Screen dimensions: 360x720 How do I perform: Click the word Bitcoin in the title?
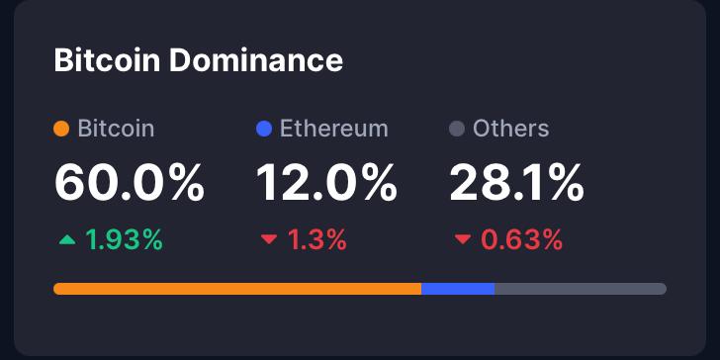coord(107,60)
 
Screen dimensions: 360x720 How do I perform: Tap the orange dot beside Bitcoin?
coord(61,129)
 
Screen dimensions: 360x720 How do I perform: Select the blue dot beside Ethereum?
coord(263,129)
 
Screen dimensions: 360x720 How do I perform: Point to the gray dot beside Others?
coord(457,129)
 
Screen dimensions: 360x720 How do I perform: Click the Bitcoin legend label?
coord(116,129)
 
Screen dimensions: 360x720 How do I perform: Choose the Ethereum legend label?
coord(333,129)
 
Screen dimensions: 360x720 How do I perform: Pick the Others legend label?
coord(510,129)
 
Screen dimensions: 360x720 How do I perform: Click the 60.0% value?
coord(129,183)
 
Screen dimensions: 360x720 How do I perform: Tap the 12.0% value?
coord(326,183)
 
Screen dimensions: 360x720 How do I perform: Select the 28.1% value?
coord(516,183)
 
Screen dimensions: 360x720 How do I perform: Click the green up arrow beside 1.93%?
coord(66,239)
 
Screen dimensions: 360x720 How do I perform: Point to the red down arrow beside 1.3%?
coord(268,239)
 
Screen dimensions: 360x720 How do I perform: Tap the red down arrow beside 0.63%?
coord(462,239)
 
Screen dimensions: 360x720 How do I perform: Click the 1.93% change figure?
coord(124,239)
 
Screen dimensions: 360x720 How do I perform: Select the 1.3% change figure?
coord(316,239)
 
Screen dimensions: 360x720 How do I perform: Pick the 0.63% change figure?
coord(522,239)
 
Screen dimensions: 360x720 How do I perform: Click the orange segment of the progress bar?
coord(237,289)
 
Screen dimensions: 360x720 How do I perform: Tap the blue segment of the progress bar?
coord(458,289)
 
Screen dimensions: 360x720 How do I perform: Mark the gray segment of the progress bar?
coord(580,289)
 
